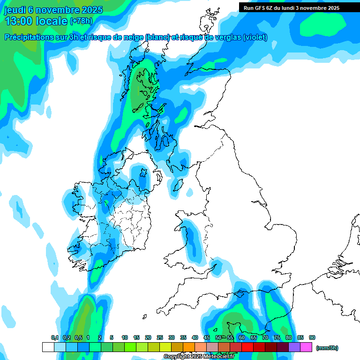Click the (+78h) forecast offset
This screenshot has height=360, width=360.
[x=81, y=21]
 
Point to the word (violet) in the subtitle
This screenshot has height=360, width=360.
[x=255, y=37]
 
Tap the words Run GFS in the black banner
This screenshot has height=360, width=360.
[x=255, y=8]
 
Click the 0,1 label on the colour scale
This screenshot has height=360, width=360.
[x=54, y=337]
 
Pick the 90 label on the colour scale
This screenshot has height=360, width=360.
[x=312, y=337]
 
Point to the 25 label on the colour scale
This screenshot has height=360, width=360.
[x=160, y=337]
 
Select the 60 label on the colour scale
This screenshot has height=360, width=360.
[x=242, y=337]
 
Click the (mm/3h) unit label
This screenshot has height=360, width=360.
[x=327, y=348]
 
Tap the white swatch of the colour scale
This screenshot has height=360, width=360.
[x=48, y=347]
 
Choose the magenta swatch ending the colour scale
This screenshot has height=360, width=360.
[x=307, y=347]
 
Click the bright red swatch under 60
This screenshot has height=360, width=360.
[x=247, y=347]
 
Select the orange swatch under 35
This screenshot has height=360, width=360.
[x=189, y=347]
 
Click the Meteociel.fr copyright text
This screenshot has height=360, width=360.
[x=199, y=357]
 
